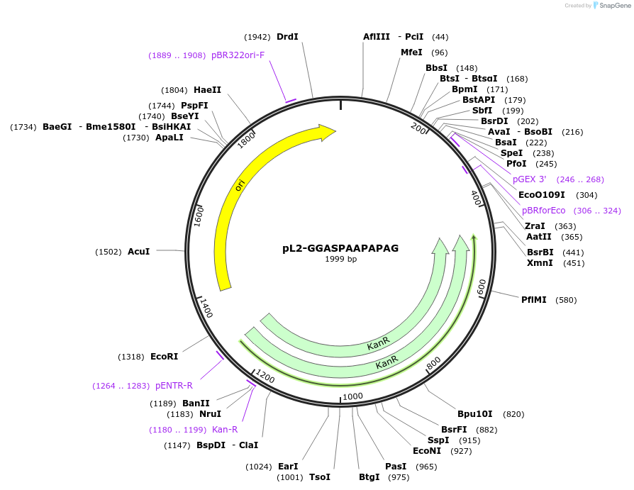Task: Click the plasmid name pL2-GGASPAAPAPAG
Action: pyautogui.click(x=340, y=248)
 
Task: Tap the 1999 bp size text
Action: pyautogui.click(x=340, y=260)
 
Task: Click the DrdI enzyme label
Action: pyautogui.click(x=287, y=37)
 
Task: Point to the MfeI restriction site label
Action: pyautogui.click(x=411, y=52)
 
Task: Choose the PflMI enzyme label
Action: pyautogui.click(x=533, y=300)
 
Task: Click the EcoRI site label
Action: pyautogui.click(x=164, y=357)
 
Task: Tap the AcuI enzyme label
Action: pyautogui.click(x=138, y=252)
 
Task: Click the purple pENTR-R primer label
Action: pyautogui.click(x=174, y=386)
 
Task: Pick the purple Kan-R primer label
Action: pyautogui.click(x=225, y=430)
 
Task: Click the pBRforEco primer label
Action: pyautogui.click(x=543, y=211)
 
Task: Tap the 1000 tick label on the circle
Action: pyautogui.click(x=352, y=396)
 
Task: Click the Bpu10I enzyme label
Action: pyautogui.click(x=475, y=414)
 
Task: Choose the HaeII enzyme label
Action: pyautogui.click(x=207, y=90)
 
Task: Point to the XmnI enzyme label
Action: pyautogui.click(x=540, y=263)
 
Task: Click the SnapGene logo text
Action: pyautogui.click(x=611, y=6)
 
